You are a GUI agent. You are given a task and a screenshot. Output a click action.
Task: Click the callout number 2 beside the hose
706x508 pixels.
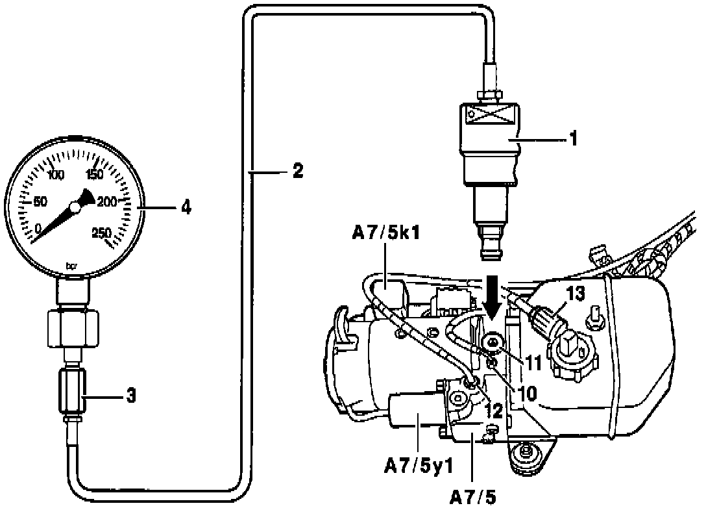[x=297, y=171]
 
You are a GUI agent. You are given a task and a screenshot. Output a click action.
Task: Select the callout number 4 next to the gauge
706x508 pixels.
[x=186, y=208]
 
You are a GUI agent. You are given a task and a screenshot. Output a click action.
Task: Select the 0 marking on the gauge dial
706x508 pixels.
[x=39, y=227]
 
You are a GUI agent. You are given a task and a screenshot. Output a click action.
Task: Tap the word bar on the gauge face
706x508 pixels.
[x=72, y=264]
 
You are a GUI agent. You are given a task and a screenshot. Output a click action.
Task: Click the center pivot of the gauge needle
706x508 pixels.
[x=75, y=207]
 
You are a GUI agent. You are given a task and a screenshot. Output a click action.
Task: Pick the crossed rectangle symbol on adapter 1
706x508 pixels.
[x=492, y=116]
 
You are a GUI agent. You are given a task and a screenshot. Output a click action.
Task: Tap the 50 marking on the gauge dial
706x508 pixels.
[x=39, y=202]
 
